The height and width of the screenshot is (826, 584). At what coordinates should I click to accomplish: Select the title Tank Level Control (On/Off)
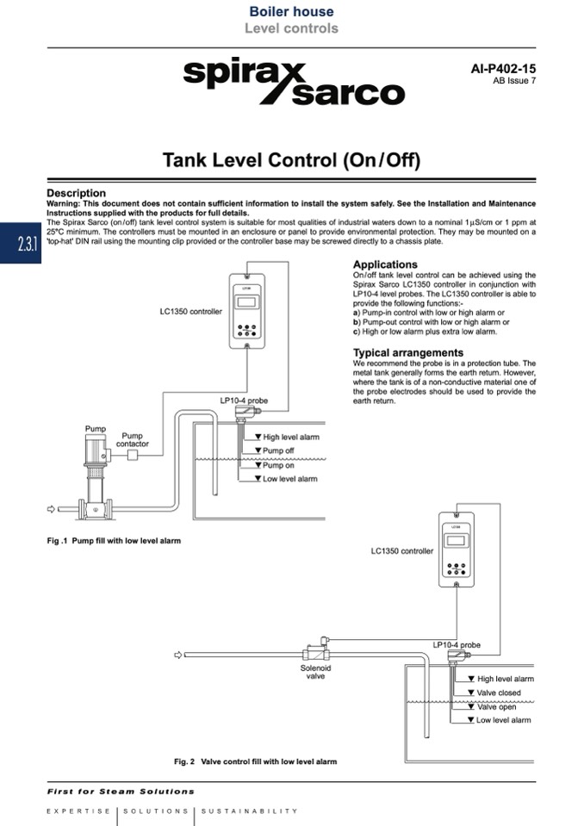pos(292,160)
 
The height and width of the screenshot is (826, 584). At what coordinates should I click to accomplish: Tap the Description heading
pos(76,193)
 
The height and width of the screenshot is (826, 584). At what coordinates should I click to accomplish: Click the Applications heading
pos(385,264)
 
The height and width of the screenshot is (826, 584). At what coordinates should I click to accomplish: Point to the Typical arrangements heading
pos(407,352)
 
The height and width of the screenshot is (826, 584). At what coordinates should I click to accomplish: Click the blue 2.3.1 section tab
pos(27,244)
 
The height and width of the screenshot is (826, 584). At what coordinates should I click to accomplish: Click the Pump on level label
pos(277,465)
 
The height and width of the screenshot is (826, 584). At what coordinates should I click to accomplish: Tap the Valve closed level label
pos(498,692)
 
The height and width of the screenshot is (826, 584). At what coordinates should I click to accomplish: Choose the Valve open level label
pos(496,706)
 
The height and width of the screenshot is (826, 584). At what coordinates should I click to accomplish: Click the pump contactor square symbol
pos(132,455)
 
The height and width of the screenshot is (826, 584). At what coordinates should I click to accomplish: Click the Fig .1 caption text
pos(114,540)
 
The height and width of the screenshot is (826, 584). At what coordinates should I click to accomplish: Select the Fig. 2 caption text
pos(255,761)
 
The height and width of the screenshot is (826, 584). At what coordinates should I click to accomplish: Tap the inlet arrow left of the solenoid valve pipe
pos(178,655)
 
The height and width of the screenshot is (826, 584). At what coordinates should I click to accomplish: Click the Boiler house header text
pos(291,12)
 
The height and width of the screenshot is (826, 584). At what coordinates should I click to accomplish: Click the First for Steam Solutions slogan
pos(121,791)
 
